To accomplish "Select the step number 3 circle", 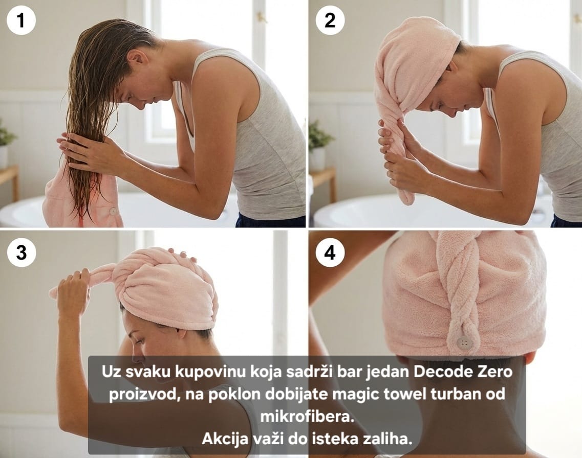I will (21, 253).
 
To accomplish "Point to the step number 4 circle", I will (330, 253).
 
